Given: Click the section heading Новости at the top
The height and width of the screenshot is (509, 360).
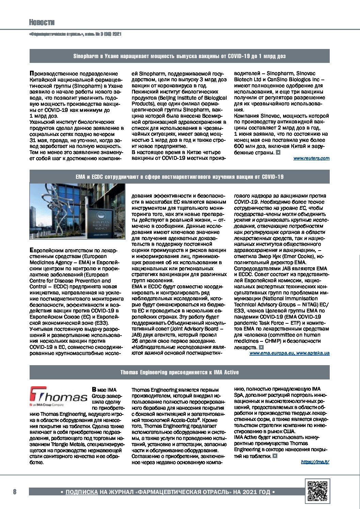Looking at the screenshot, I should [x=42, y=22].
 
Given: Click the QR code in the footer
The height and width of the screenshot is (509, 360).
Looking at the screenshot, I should [x=317, y=491].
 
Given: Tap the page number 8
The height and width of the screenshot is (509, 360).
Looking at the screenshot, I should [x=15, y=492].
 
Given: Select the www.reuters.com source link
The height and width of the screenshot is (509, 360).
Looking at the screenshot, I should [x=311, y=158].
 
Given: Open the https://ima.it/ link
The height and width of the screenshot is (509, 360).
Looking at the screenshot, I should [x=315, y=461].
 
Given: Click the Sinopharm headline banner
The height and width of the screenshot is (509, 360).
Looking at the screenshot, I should [x=180, y=56].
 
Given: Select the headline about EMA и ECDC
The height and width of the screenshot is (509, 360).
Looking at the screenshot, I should [x=180, y=177].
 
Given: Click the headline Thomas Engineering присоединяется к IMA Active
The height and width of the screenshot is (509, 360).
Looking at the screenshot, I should [x=180, y=372].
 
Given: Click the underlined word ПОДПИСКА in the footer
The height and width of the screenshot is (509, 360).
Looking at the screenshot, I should [x=81, y=492].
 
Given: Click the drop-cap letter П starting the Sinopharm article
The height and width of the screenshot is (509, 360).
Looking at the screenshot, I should [x=32, y=73].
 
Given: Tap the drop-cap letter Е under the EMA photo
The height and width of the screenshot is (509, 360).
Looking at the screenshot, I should [x=32, y=250].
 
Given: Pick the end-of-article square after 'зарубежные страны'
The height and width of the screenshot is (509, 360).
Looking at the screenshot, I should [x=278, y=152].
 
